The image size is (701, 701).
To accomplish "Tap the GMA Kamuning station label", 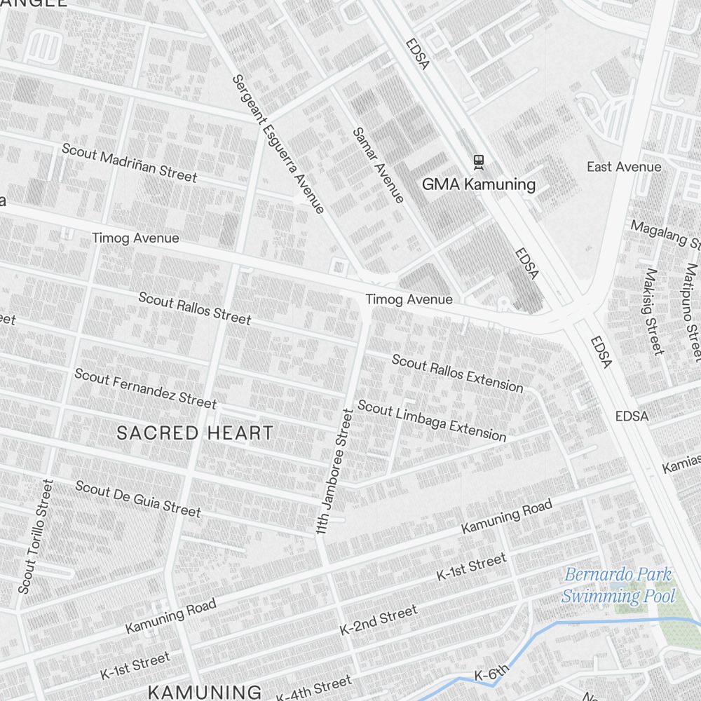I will point(479,185).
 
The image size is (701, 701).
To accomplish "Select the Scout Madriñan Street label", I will point(129,163).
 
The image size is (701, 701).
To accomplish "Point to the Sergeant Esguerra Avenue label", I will point(278,144).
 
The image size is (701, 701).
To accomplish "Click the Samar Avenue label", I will point(379,165).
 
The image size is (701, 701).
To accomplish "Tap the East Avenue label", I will point(624,167).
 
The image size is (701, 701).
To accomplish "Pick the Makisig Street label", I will point(653,311).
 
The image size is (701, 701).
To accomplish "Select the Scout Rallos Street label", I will point(194,308).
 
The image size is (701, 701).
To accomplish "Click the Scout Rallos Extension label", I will point(457,373).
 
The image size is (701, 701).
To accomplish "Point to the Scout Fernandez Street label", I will point(145,388).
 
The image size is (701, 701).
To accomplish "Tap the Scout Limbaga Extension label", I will point(432,421).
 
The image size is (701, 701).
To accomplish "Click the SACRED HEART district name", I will point(195,433).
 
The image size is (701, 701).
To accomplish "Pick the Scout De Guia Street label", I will point(137,498).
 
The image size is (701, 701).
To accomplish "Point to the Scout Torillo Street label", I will point(35,537).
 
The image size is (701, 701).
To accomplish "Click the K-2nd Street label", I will point(379,620).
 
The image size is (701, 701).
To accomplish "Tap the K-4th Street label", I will point(313,688).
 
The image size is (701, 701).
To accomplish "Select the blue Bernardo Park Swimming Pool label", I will point(618,586).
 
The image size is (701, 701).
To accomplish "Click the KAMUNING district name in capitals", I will point(205,692).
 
